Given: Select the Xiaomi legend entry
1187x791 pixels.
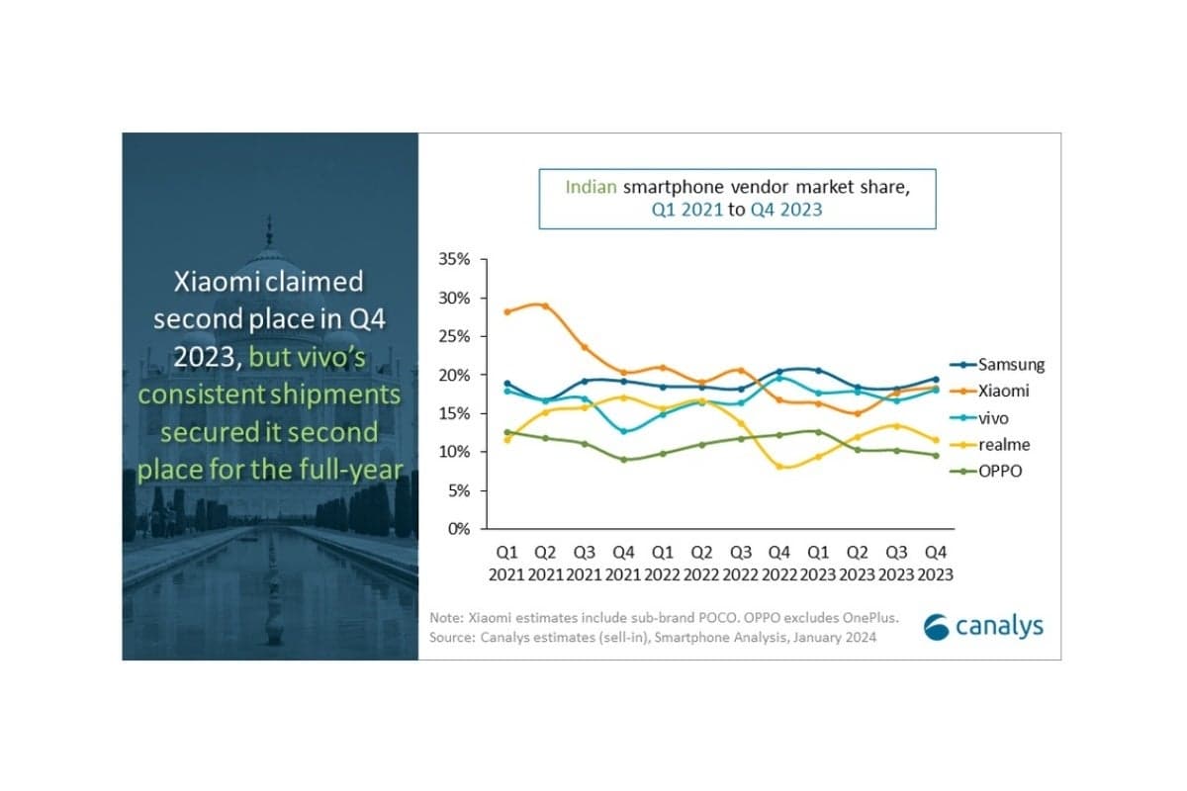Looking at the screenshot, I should (x=1003, y=391).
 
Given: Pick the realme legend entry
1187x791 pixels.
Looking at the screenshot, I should (x=1003, y=445).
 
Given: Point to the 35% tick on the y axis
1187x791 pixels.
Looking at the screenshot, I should (x=455, y=259).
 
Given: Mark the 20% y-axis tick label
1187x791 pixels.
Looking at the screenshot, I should (x=455, y=375).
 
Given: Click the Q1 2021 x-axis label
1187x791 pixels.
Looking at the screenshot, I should (x=507, y=563).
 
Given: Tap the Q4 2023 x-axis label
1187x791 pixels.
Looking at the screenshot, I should (x=935, y=563).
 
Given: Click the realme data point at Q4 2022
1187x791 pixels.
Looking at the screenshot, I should (x=779, y=466).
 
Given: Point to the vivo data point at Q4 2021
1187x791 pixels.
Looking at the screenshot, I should (x=624, y=431).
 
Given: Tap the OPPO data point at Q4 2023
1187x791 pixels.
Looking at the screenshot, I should (x=935, y=455).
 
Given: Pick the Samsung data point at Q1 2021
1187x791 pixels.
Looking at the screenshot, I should (x=507, y=384).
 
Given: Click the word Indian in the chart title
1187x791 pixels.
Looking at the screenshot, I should (x=591, y=186).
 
